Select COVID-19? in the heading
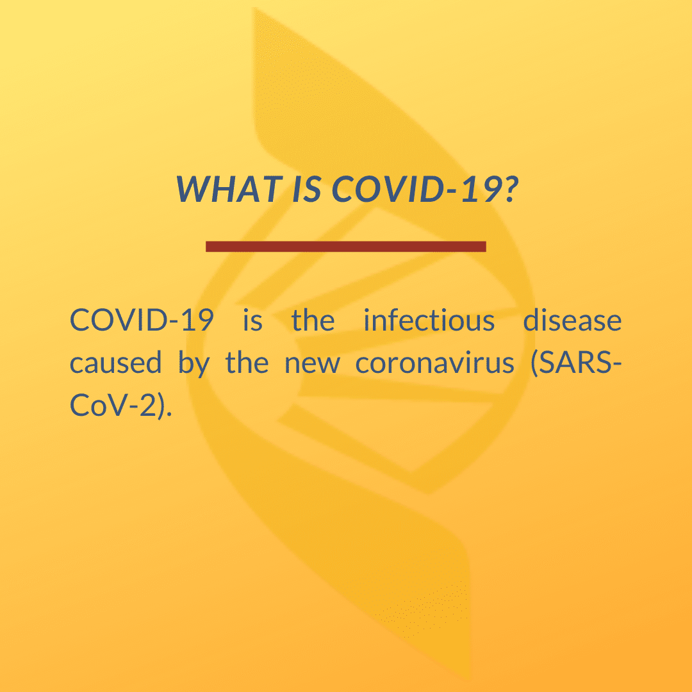click(425, 188)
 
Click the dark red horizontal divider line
click(346, 246)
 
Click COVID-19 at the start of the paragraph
click(142, 320)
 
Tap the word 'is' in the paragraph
click(252, 320)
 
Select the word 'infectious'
click(429, 320)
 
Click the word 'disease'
click(572, 320)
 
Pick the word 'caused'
click(115, 363)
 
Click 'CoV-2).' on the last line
click(121, 406)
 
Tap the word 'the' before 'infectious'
click(313, 320)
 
